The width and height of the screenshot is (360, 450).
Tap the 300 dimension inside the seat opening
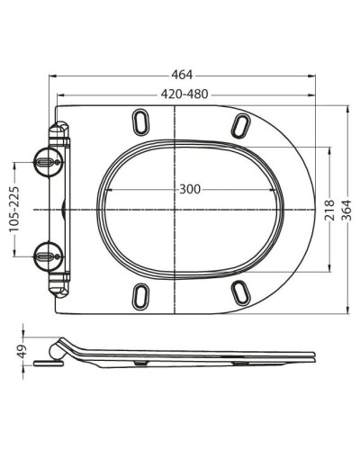click(x=189, y=189)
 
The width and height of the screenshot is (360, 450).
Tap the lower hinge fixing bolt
click(x=47, y=255)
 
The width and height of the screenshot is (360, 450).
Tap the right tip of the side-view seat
click(x=314, y=356)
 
